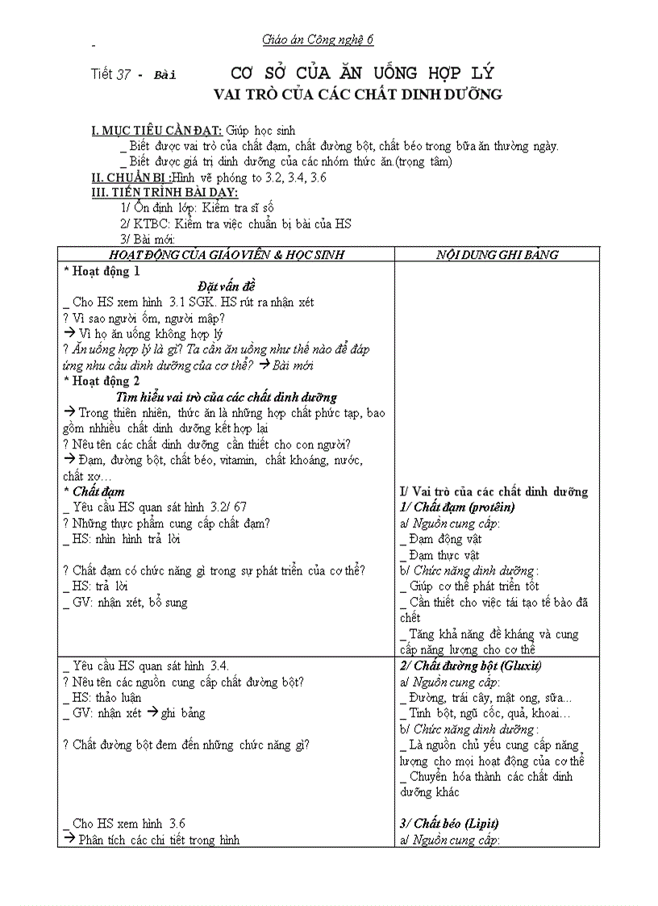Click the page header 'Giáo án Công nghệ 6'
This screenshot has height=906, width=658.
pos(318,40)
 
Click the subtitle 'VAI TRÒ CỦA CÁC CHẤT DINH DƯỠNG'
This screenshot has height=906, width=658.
pos(357,94)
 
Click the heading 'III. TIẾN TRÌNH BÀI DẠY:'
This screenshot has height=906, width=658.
pos(164,192)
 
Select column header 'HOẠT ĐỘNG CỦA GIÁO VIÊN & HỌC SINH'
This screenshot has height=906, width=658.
pos(227,254)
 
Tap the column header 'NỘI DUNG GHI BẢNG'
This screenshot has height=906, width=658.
pos(497,254)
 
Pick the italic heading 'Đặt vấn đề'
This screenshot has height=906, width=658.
pos(227,286)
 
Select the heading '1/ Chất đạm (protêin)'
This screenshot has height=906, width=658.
pos(457,507)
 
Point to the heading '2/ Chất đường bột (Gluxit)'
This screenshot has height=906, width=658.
pos(471,666)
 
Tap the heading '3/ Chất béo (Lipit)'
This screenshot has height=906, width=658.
pos(449,824)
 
